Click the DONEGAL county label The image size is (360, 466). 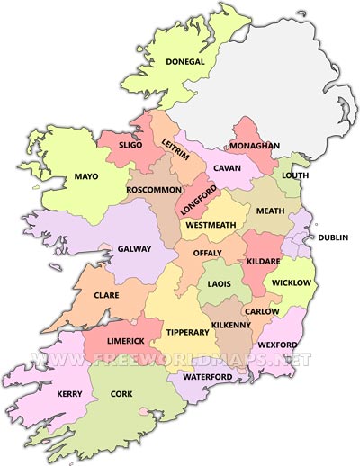coord(185,62)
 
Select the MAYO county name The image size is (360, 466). coord(86,176)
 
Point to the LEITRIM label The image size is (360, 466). coord(175,146)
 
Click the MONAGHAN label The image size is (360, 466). coord(255,146)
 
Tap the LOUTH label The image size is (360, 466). coord(295,175)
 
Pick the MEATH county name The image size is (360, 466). coord(270,211)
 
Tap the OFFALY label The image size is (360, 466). coord(206,254)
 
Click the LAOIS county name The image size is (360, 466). coord(220,284)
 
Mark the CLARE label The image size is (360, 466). coord(107,294)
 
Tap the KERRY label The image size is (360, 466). coord(45,394)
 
